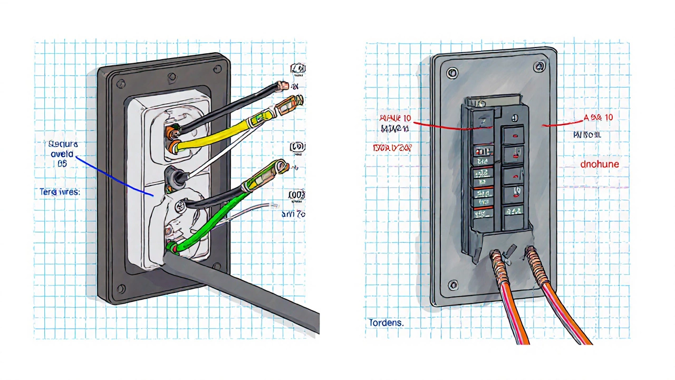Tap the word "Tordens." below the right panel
click(385, 322)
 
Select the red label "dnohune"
click(600, 164)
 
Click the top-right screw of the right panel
click(538, 66)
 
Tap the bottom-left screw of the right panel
click(452, 286)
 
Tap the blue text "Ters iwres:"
click(60, 192)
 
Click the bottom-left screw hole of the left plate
click(121, 289)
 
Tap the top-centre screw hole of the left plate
click(171, 78)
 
